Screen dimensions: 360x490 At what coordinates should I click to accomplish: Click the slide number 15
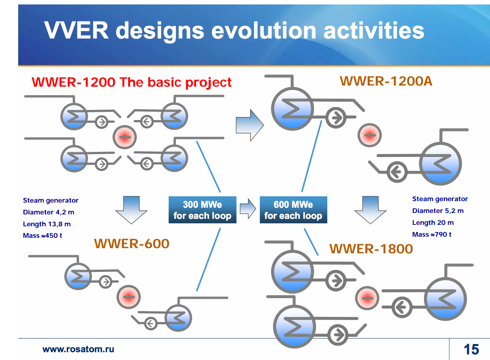[x=471, y=349]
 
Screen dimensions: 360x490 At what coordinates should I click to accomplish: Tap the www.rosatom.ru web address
[x=78, y=349]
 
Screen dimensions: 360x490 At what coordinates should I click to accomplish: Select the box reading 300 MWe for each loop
[x=202, y=210]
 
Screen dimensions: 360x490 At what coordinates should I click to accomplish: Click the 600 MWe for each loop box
[x=293, y=210]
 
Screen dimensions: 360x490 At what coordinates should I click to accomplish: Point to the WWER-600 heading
[x=132, y=244]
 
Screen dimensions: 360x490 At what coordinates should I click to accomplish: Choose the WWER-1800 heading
[x=371, y=249]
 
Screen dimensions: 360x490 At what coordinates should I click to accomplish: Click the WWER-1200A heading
[x=386, y=81]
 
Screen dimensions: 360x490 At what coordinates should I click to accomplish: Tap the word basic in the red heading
[x=165, y=82]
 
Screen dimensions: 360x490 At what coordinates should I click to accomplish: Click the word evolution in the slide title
[x=264, y=30]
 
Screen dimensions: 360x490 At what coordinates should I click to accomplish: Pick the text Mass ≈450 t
[x=43, y=236]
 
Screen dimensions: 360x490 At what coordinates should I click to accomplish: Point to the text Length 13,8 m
[x=47, y=224]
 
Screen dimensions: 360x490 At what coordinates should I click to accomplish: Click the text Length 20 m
[x=433, y=223]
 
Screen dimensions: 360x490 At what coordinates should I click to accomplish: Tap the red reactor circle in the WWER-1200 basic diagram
[x=125, y=137]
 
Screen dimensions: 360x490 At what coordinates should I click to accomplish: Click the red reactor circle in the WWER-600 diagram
[x=129, y=297]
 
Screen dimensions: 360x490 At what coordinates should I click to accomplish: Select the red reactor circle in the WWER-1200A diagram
[x=370, y=135]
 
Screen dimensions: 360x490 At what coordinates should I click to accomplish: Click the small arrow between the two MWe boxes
[x=248, y=209]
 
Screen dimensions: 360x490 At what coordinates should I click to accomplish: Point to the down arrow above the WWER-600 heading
[x=132, y=210]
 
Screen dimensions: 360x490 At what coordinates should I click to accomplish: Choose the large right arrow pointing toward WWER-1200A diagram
[x=249, y=125]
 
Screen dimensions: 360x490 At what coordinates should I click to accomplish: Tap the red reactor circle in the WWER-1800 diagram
[x=367, y=298]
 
